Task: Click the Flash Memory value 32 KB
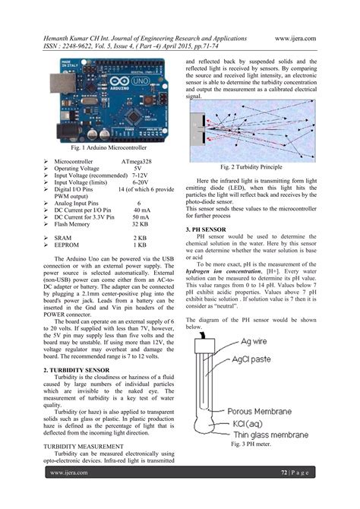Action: click(x=139, y=224)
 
